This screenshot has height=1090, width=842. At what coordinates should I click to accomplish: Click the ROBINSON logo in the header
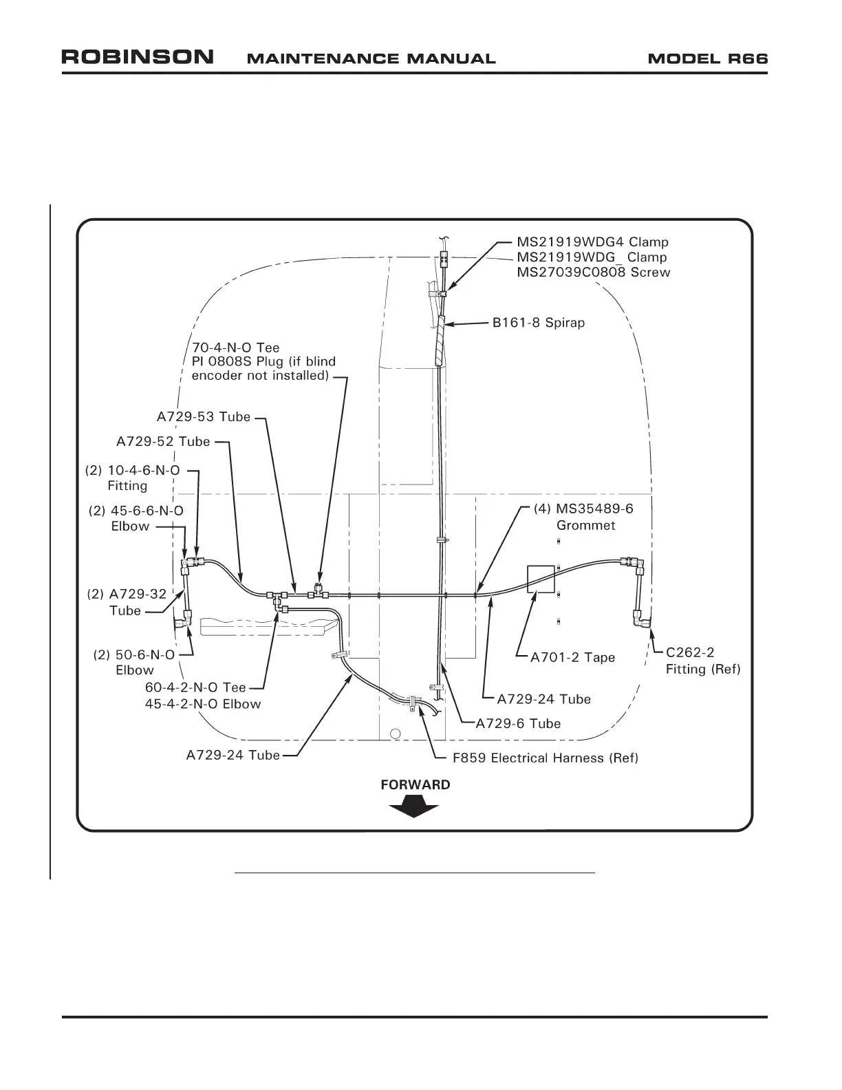pos(138,57)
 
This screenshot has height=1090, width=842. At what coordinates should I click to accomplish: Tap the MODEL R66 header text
pos(708,58)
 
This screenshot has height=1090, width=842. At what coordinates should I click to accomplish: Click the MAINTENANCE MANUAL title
pos(371,59)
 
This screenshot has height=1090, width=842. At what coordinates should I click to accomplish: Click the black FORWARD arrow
pos(413,806)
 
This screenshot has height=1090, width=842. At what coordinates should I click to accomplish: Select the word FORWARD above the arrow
pos(415,785)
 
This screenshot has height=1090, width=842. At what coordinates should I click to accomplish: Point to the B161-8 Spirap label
pos(539,323)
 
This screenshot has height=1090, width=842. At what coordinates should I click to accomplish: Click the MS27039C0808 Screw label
pos(593,272)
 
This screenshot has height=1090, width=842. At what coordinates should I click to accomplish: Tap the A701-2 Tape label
pos(572,658)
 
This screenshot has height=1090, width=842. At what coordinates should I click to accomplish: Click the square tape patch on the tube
pos(541,579)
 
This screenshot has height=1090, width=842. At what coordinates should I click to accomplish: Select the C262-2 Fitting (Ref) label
pos(702,661)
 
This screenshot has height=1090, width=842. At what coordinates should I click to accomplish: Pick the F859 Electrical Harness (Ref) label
pos(545,758)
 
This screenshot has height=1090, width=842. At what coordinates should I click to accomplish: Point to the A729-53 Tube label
pos(204,417)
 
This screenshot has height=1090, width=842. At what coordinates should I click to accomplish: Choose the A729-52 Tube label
pos(163,442)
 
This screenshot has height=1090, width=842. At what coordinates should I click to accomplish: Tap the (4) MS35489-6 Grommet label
pos(584,517)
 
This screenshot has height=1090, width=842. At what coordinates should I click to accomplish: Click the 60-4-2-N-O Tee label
pos(195,687)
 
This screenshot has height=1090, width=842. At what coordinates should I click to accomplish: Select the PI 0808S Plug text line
pos(263,362)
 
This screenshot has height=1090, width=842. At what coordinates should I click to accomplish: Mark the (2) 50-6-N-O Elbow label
pos(134,663)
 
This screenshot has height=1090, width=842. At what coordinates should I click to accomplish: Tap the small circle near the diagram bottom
pos(395,731)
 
